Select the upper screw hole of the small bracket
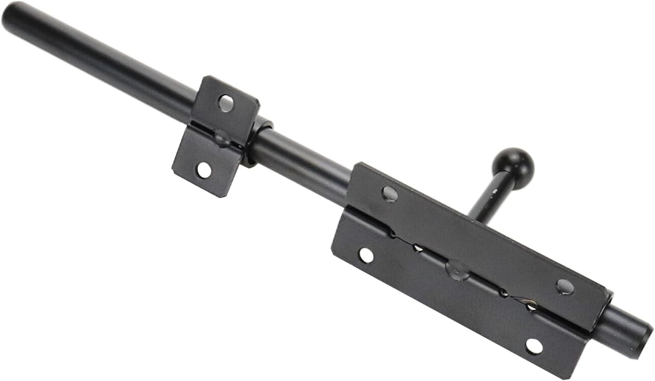click(226, 103)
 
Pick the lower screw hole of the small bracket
click(204, 170)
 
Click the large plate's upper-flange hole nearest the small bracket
click(389, 194)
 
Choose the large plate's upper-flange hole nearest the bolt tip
click(565, 286)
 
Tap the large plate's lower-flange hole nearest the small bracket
click(366, 255)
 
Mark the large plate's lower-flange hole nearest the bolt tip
click(534, 346)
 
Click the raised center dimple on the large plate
click(457, 270)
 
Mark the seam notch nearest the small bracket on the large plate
click(391, 232)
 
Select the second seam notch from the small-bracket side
click(418, 248)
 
